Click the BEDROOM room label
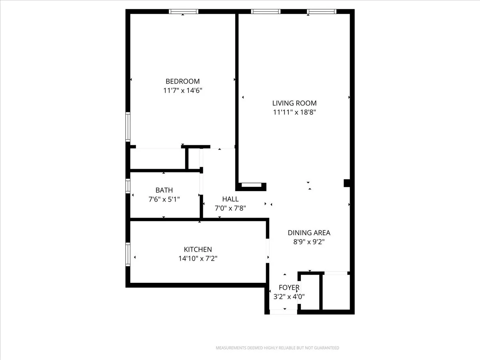click(183, 81)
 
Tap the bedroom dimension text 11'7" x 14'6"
click(183, 91)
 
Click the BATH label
click(164, 190)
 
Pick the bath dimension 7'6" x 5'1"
click(164, 199)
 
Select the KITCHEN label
click(198, 250)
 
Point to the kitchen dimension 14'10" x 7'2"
click(198, 259)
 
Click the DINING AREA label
click(309, 233)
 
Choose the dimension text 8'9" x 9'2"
click(309, 242)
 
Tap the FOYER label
click(289, 288)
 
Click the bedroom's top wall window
click(184, 12)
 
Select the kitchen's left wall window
click(128, 254)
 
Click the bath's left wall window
click(128, 186)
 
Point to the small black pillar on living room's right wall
click(347, 183)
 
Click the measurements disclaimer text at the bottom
click(277, 348)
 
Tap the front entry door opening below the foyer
click(283, 312)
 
